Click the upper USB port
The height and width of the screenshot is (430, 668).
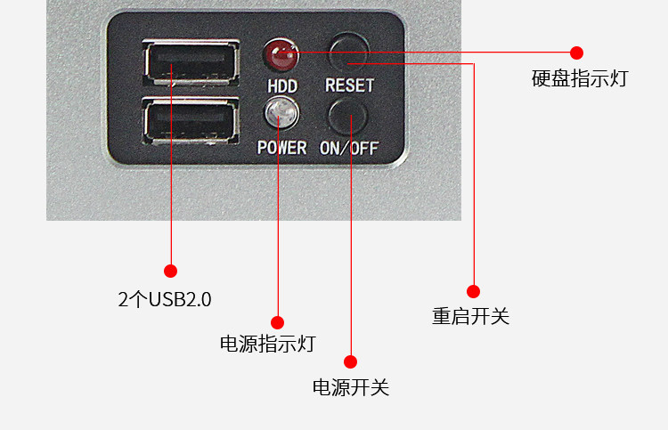click(191, 66)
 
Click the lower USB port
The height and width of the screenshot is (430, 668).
click(191, 121)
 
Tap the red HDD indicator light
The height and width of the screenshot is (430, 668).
click(281, 57)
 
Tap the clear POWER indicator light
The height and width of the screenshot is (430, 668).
click(281, 113)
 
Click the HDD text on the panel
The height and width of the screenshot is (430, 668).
click(281, 86)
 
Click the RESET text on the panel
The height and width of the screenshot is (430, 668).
click(349, 86)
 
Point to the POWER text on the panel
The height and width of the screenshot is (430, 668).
click(281, 148)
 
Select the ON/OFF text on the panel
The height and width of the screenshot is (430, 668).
click(349, 148)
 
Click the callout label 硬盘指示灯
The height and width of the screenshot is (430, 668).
click(580, 78)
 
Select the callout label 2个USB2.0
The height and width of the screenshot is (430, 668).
click(165, 299)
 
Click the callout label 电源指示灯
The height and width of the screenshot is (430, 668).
click(267, 344)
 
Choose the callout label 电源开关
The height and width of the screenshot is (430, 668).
click(351, 387)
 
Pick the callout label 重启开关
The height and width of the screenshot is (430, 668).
click(471, 316)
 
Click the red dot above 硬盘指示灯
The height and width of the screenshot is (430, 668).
click(577, 53)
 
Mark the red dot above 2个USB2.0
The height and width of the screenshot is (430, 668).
click(170, 271)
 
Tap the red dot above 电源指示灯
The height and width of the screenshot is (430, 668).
click(277, 322)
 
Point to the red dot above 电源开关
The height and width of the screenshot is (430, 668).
click(350, 361)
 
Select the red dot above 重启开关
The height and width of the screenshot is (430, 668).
click(473, 291)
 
